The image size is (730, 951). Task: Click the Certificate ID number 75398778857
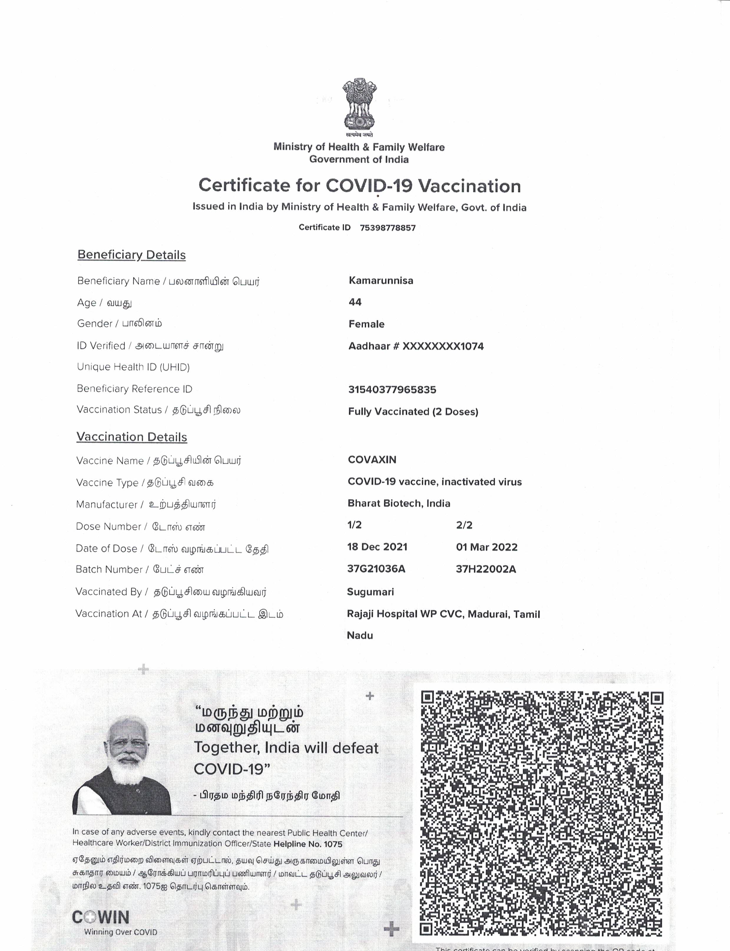(388, 228)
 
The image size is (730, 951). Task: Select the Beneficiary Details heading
(131, 255)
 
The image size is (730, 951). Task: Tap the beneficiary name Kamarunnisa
(381, 280)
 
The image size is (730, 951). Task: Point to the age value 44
(355, 302)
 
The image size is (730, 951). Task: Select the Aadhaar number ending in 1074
(416, 346)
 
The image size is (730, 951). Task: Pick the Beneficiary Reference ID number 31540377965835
(392, 389)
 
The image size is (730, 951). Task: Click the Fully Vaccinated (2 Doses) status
(413, 412)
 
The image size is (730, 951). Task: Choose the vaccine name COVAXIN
(372, 459)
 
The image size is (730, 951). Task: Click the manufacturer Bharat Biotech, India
(398, 503)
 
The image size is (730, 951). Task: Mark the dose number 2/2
(464, 525)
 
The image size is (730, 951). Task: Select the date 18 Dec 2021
(377, 547)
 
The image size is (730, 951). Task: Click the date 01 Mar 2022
(487, 547)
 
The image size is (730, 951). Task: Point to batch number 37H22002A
(486, 569)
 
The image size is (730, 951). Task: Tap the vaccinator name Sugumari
(370, 592)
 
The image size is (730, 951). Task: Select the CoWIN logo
(101, 917)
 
